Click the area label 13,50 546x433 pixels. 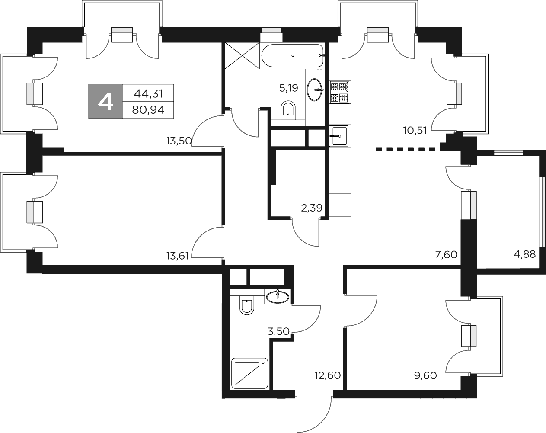[179, 141]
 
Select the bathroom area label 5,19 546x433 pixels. [289, 89]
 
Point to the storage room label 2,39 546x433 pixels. [312, 208]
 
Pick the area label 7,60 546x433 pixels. [446, 255]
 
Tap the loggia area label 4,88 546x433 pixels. [524, 254]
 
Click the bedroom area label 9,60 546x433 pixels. [425, 375]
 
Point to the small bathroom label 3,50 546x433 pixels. [279, 332]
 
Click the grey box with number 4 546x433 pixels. [106, 101]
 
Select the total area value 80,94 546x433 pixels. [148, 110]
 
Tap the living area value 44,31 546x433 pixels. [148, 93]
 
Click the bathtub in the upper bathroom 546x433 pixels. [292, 55]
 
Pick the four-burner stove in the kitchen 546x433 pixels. [339, 92]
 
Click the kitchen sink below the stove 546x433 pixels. [339, 136]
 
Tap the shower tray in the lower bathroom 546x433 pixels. [249, 373]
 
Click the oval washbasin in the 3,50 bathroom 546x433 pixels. [278, 297]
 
